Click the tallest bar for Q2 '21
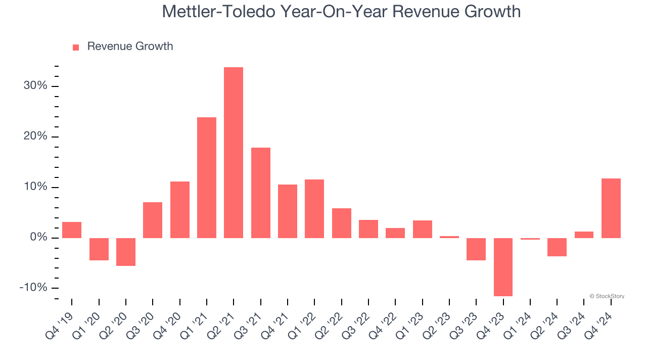click(234, 152)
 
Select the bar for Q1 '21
click(207, 177)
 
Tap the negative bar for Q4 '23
click(503, 267)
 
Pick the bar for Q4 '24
click(611, 208)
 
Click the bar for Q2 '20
click(126, 252)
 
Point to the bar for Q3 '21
click(261, 193)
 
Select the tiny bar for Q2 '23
click(449, 237)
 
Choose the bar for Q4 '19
click(72, 230)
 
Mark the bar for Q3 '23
click(476, 249)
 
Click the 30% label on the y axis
click(35, 86)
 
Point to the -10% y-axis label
click(33, 288)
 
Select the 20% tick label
click(35, 136)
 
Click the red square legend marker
click(76, 48)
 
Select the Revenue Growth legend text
click(130, 47)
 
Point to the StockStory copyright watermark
click(607, 296)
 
